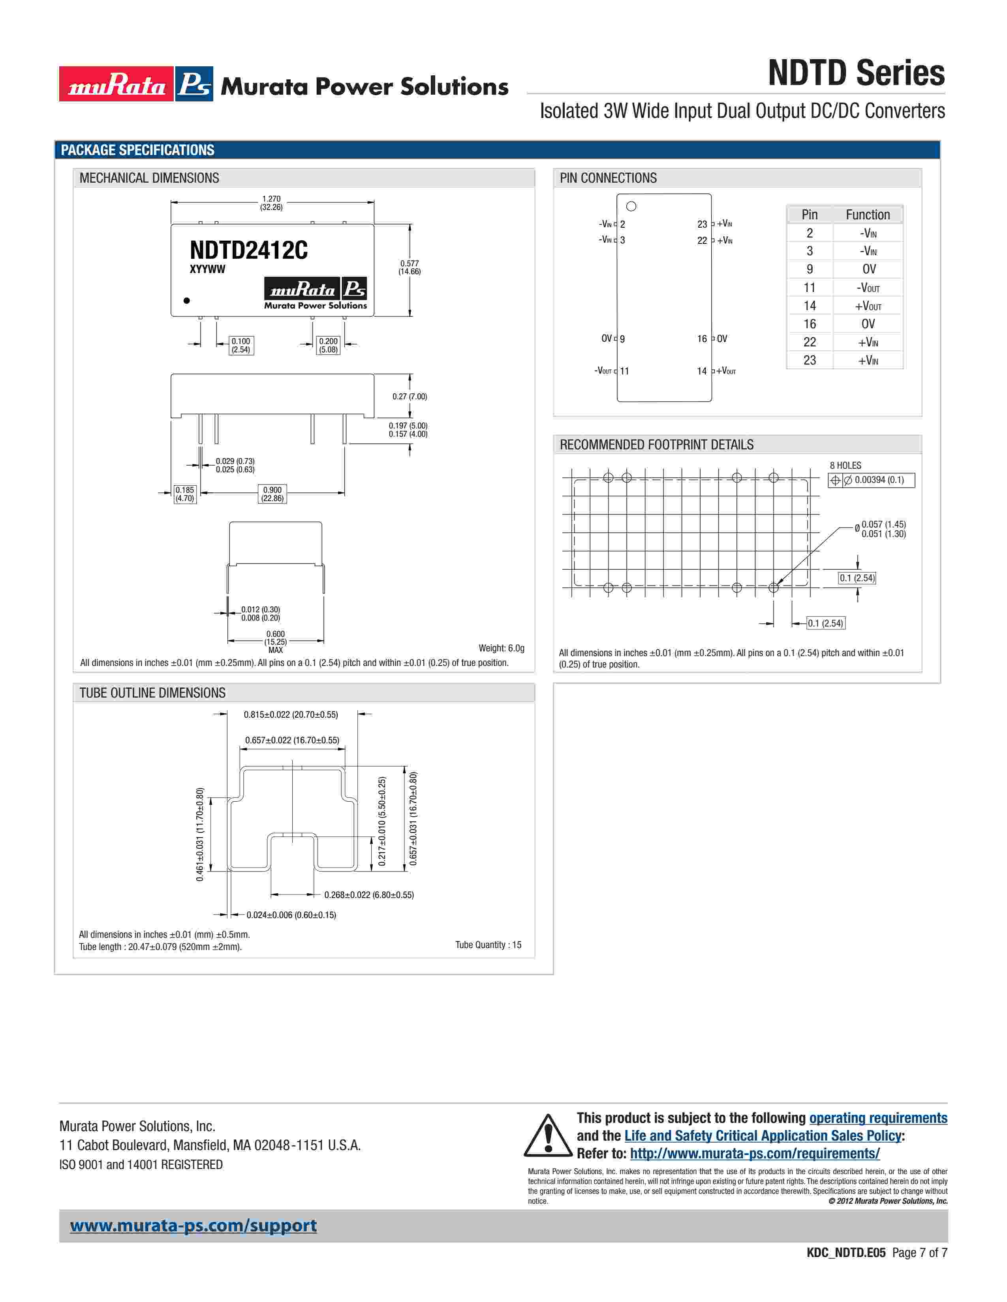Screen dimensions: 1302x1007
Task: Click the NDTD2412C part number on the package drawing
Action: [x=249, y=251]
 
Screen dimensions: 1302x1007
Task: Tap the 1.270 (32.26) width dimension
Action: [x=271, y=203]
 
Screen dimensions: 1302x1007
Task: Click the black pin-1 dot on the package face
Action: [x=187, y=301]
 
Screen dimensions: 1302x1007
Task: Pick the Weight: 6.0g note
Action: [x=501, y=648]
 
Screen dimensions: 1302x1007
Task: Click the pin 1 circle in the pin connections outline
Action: [x=631, y=206]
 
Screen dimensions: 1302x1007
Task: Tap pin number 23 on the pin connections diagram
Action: [x=702, y=224]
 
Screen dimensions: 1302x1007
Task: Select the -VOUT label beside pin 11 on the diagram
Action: [x=603, y=371]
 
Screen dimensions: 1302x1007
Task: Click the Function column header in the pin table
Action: [x=868, y=215]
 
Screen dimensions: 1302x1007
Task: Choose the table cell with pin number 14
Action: [x=810, y=306]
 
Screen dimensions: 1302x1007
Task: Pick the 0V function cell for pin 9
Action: [x=869, y=269]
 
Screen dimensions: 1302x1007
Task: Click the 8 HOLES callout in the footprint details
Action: [x=845, y=466]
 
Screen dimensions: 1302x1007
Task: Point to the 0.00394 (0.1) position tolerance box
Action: [x=872, y=480]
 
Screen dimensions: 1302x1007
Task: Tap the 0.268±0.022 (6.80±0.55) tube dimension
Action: [x=369, y=895]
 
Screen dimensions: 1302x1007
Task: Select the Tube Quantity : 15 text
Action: [x=488, y=945]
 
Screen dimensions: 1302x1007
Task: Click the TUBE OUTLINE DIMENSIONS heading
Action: [x=153, y=693]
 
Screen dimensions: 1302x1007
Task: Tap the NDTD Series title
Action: [x=856, y=73]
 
